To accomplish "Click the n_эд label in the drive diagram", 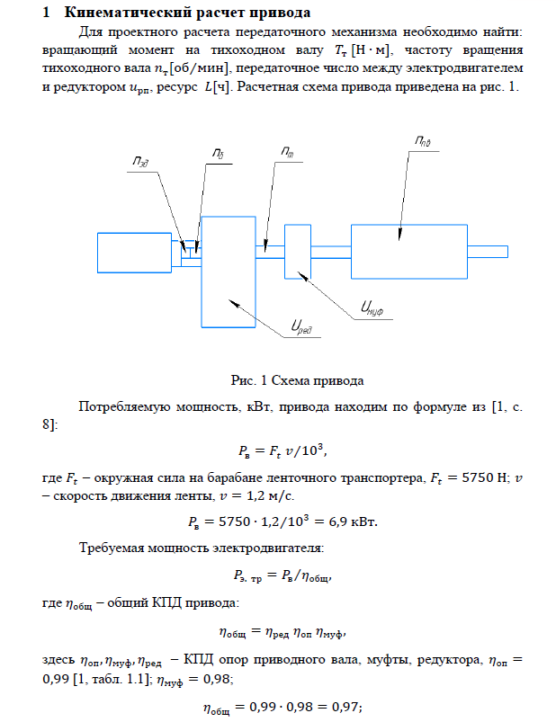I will pos(139,163).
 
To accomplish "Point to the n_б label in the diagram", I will pos(218,155).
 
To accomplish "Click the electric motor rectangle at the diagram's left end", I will pos(135,250).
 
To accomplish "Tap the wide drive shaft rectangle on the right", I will pos(408,251).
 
